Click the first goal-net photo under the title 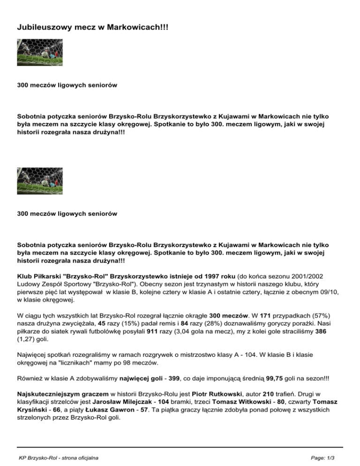coord(40,52)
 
